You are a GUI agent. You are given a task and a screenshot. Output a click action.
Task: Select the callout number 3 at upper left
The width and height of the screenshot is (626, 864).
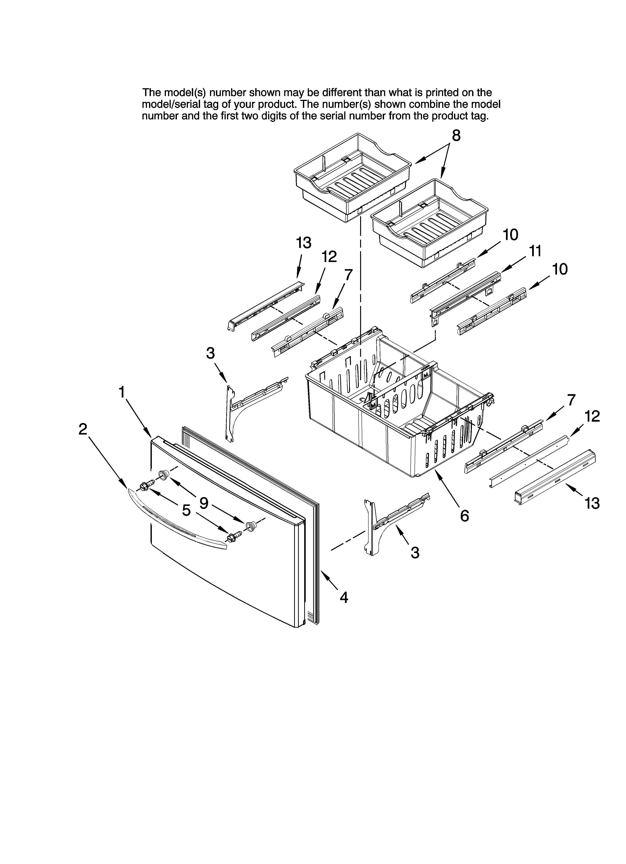pyautogui.click(x=211, y=353)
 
